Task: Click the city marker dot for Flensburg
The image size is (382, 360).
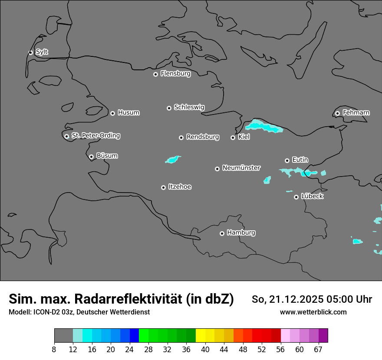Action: click(x=155, y=74)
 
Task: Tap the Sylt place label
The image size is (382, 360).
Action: click(x=42, y=52)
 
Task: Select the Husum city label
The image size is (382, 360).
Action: click(x=128, y=113)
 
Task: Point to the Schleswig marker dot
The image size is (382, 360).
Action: click(x=169, y=108)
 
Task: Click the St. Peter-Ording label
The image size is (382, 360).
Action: click(x=95, y=136)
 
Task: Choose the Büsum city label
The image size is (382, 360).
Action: click(x=107, y=156)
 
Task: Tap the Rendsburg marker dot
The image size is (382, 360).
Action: click(x=181, y=137)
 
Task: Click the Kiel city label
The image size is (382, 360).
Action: click(x=244, y=137)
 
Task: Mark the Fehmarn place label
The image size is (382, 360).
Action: click(x=356, y=113)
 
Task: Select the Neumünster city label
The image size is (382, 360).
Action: click(x=241, y=168)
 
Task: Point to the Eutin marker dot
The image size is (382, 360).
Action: click(x=287, y=160)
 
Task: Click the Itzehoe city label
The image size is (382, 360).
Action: click(x=180, y=187)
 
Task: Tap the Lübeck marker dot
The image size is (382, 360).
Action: click(x=296, y=197)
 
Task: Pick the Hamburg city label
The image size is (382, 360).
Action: click(x=241, y=233)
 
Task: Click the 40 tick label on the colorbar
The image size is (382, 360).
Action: click(x=205, y=349)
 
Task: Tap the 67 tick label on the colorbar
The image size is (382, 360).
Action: click(x=318, y=349)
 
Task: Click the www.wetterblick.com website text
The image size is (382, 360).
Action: click(x=313, y=312)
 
